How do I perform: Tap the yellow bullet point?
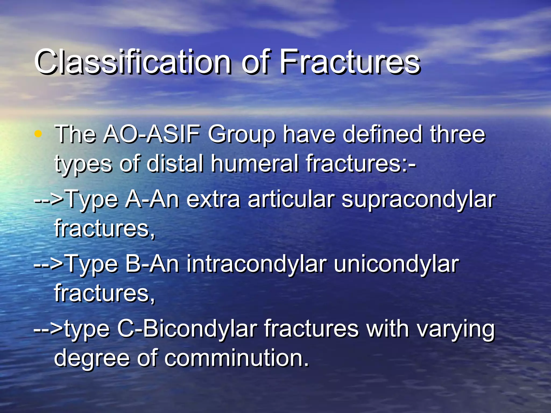point(38,134)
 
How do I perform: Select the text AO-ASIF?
point(152,134)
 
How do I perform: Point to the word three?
point(457,134)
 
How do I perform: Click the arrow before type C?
point(48,329)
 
